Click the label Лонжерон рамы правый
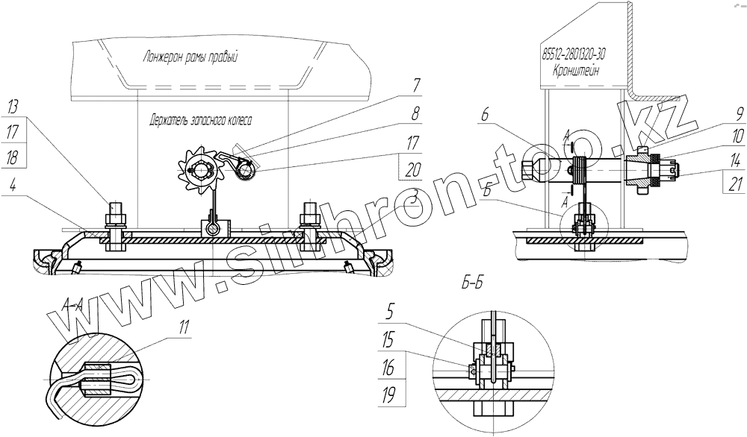click(x=190, y=57)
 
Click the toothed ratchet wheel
click(x=201, y=169)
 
